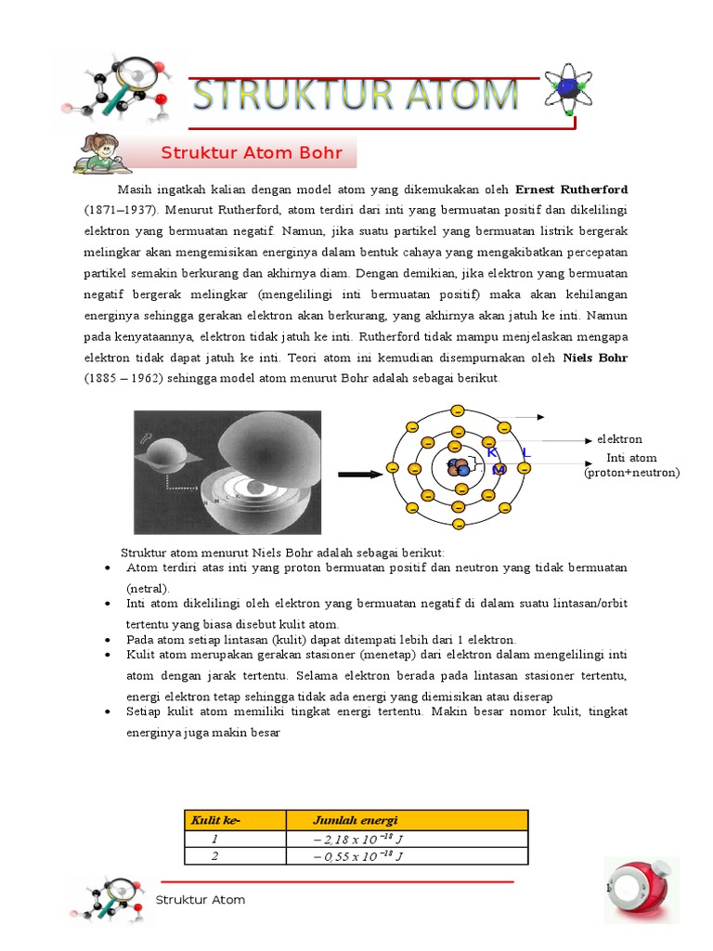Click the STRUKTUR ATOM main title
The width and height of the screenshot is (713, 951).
click(356, 95)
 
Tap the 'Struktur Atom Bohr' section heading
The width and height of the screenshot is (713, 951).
click(252, 153)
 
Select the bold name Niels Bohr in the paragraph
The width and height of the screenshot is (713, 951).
click(595, 358)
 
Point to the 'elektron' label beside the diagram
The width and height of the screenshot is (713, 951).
click(619, 439)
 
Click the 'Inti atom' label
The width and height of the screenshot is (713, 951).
click(631, 458)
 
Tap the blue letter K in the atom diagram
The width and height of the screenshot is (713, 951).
click(492, 452)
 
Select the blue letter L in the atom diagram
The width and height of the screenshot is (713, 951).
click(525, 453)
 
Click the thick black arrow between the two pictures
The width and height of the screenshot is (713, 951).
click(360, 474)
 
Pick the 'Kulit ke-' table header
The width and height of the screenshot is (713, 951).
click(215, 820)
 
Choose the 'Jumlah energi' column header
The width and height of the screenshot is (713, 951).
click(356, 820)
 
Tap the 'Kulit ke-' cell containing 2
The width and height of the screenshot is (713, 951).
click(214, 856)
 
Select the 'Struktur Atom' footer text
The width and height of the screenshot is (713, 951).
click(201, 900)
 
